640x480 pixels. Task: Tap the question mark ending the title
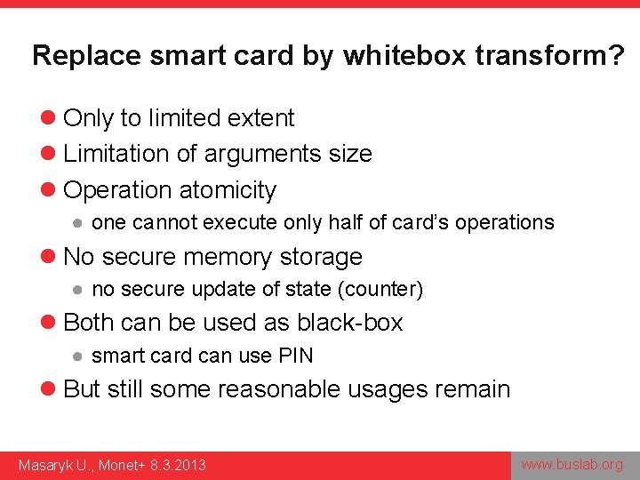point(615,55)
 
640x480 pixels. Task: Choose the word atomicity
point(228,190)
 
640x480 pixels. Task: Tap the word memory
point(221,257)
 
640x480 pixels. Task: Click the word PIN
point(295,356)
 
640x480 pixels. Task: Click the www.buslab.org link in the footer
point(572,464)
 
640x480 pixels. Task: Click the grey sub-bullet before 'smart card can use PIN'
point(78,356)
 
